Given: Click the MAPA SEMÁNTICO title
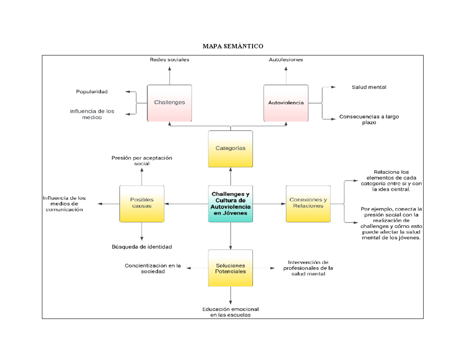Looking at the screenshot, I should [x=233, y=47].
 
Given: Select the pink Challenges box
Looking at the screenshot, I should [x=169, y=103].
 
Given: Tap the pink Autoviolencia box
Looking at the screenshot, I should [x=286, y=103].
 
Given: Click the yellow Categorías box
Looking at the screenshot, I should [x=231, y=148].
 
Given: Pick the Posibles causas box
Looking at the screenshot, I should [x=142, y=203].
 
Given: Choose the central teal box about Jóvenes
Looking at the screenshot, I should [x=231, y=203].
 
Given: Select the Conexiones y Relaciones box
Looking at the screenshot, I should [x=308, y=203].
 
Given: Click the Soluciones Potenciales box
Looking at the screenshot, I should [x=231, y=268].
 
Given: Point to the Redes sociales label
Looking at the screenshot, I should [x=169, y=60].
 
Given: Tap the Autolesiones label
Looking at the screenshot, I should [x=286, y=60].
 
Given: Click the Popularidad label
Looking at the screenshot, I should [x=92, y=92].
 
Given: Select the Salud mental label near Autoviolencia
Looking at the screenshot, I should [x=369, y=87].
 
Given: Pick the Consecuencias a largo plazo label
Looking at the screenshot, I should [x=369, y=119].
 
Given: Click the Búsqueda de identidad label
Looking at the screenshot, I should [x=142, y=247].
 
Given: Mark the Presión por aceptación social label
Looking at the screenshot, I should [x=142, y=161].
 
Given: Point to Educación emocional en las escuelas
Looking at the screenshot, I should [x=231, y=312].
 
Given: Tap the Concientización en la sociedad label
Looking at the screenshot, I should [x=153, y=269].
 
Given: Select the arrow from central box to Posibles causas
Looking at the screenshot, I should [x=186, y=203].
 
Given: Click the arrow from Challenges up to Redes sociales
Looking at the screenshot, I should [x=169, y=75].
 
